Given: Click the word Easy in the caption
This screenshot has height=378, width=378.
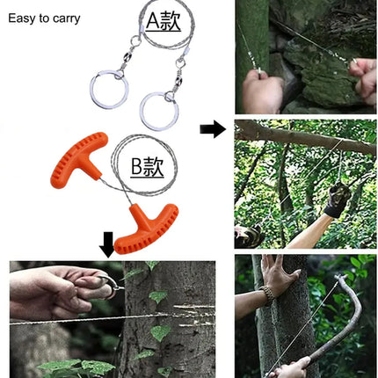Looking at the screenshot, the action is (x=21, y=18).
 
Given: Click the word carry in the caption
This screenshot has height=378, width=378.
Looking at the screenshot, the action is (x=67, y=19).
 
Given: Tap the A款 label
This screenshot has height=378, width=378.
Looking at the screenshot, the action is (x=164, y=21).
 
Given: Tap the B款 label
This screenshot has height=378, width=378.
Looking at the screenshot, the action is (x=147, y=167).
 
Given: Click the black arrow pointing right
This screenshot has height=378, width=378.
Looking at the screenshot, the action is (x=213, y=128).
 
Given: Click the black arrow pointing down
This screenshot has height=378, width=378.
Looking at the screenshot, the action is (x=108, y=244).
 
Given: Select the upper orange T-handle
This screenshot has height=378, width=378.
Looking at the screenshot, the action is (x=79, y=160).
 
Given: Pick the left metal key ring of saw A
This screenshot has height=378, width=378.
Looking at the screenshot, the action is (x=108, y=90).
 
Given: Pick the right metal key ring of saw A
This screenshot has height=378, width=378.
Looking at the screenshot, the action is (x=159, y=112).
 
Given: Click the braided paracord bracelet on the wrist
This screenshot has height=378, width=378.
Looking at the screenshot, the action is (x=268, y=295).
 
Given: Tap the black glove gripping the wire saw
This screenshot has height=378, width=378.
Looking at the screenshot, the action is (x=337, y=199).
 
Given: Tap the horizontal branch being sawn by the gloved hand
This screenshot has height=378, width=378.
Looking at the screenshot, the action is (x=305, y=136).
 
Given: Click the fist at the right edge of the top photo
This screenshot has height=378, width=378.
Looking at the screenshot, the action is (x=363, y=80).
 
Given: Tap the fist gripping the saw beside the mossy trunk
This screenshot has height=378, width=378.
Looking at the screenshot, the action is (x=261, y=91).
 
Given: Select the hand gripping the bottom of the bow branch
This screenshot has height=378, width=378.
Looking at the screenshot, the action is (x=290, y=367).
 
